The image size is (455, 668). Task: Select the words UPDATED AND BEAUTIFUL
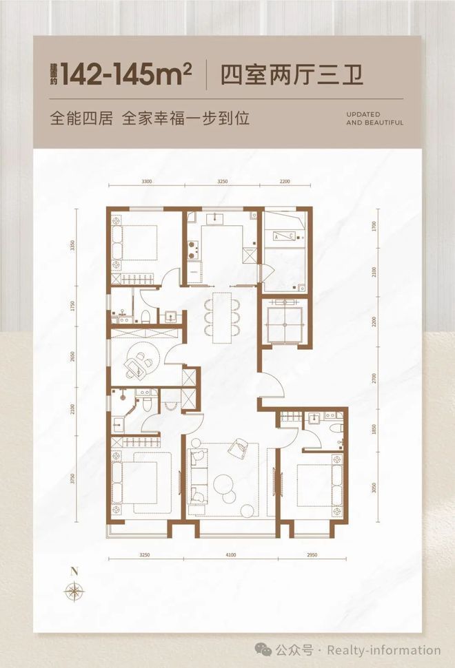pos(374,118)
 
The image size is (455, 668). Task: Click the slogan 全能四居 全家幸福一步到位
pos(150,117)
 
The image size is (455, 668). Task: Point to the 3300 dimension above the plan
pos(146,180)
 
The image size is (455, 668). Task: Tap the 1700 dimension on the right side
pos(374,225)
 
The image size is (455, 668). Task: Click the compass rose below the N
pos(72,591)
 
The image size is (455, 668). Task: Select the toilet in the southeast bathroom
pos(336,428)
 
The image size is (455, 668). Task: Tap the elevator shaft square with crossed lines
pos(284,322)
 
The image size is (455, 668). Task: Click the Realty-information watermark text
pos(383,649)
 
